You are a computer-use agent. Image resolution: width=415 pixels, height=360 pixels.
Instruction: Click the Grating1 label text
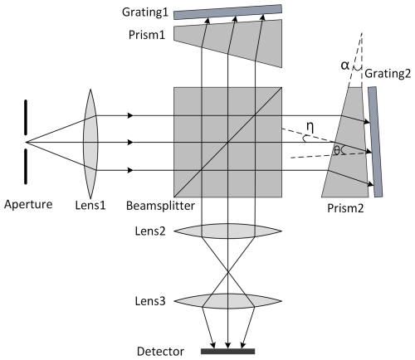coord(144,14)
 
